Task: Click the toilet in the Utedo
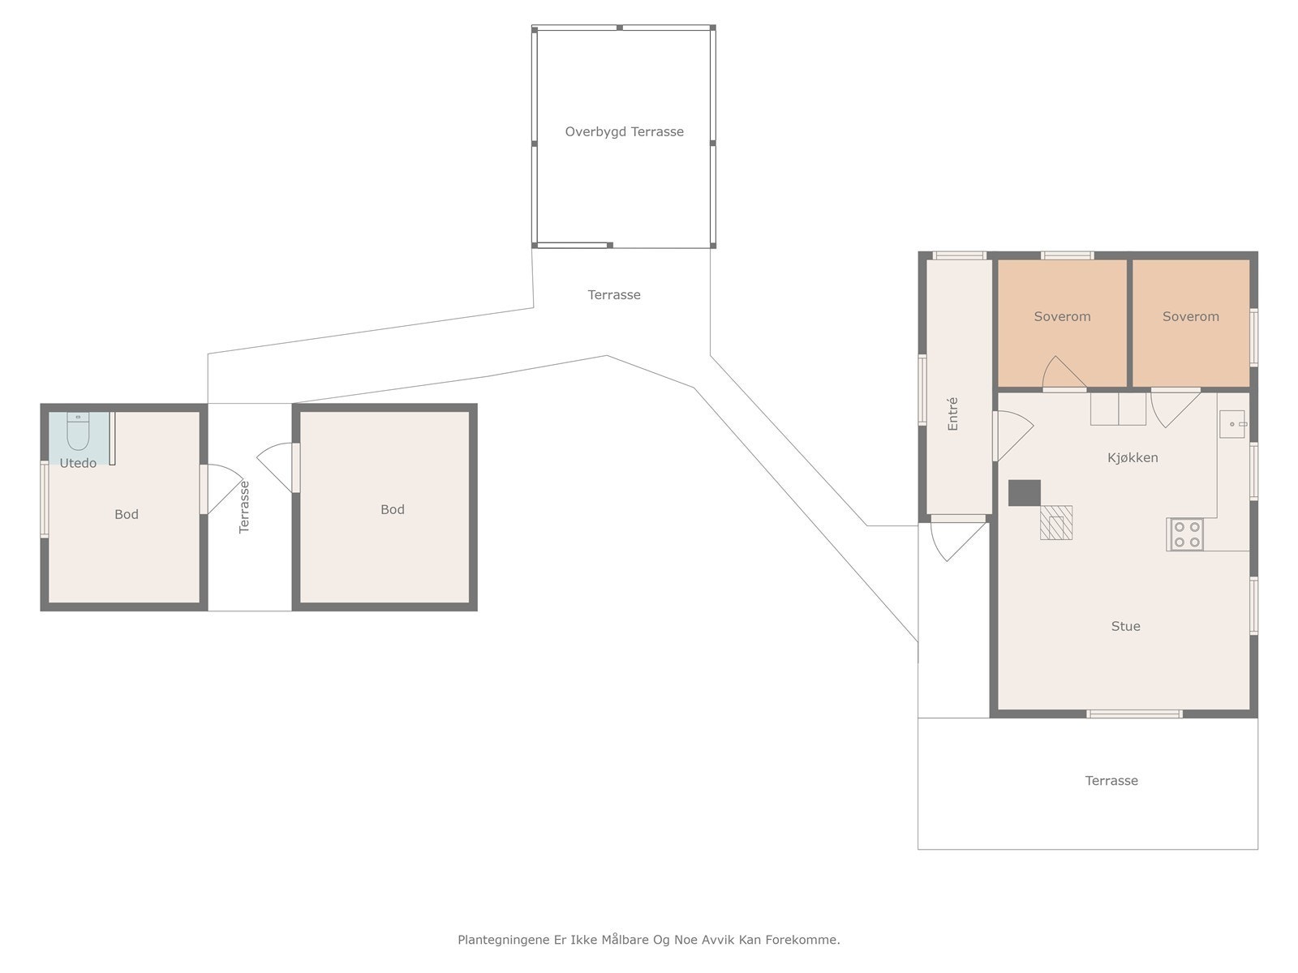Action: (77, 431)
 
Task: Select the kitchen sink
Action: (1232, 423)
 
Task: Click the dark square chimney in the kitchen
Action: (1025, 493)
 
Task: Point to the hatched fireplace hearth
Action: (1056, 523)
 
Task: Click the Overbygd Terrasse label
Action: (624, 131)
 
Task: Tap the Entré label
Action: (952, 414)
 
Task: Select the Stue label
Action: (1125, 626)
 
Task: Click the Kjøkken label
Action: (1133, 458)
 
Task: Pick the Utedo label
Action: (78, 463)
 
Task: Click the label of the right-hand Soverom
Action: (1190, 317)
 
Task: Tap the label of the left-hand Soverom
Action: (1062, 317)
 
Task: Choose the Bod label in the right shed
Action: (392, 509)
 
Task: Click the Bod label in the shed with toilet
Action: (126, 514)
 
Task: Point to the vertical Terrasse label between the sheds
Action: (243, 507)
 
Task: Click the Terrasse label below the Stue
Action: (1111, 780)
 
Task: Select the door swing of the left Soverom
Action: (1064, 373)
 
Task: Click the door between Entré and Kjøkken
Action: (1012, 436)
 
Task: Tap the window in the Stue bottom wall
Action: (1134, 714)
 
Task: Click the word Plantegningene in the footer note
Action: (503, 939)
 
